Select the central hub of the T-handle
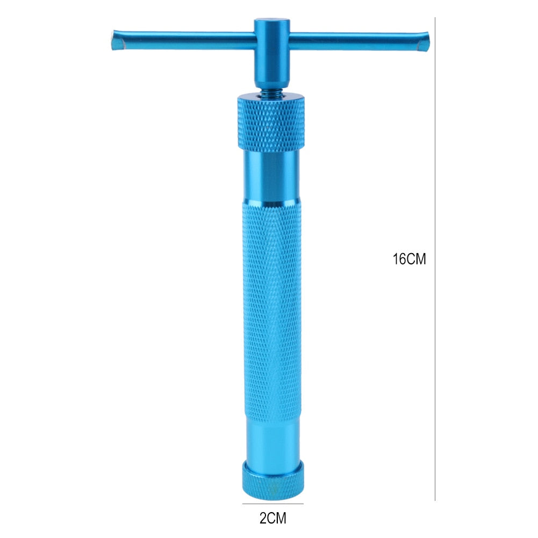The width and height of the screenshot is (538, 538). click(x=271, y=54)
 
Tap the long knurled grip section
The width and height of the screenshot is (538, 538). click(x=272, y=306)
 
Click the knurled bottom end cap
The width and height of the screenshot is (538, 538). click(x=273, y=480)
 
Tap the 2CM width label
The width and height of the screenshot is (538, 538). click(x=273, y=519)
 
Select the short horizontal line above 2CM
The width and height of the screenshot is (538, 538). click(x=272, y=504)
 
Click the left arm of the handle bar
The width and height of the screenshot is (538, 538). click(x=183, y=40)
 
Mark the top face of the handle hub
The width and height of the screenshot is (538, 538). click(x=271, y=23)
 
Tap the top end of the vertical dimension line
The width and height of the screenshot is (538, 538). click(x=435, y=18)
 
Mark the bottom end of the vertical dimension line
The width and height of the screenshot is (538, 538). click(x=435, y=500)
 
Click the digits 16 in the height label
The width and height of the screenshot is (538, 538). click(x=399, y=259)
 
